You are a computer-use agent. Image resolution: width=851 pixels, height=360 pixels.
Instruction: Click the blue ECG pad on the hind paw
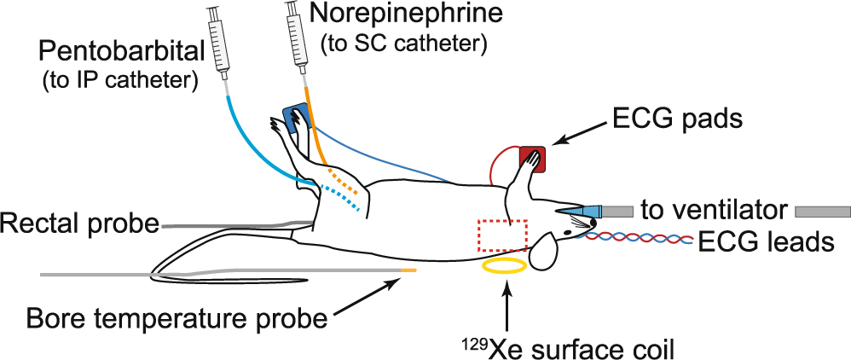pyautogui.click(x=295, y=119)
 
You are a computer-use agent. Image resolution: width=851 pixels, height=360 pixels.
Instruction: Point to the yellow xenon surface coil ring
pyautogui.click(x=504, y=266)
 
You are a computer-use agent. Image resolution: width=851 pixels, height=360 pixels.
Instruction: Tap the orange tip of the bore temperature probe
pyautogui.click(x=408, y=270)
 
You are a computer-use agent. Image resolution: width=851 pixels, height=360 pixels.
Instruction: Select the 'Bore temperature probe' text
pyautogui.click(x=177, y=320)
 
